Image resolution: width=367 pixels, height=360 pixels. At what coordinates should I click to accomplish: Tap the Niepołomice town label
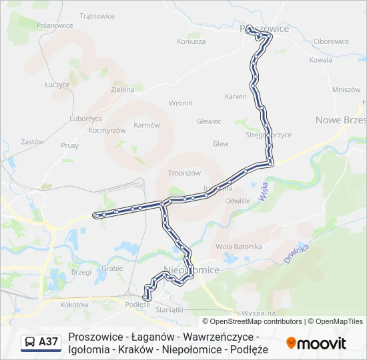[192, 270]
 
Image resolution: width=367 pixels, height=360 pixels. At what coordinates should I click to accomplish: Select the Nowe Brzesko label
[340, 120]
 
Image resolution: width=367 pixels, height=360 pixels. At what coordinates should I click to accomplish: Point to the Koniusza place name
[191, 41]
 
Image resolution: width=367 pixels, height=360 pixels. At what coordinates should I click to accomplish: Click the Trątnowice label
[97, 15]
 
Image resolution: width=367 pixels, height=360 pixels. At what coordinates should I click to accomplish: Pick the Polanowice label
[55, 25]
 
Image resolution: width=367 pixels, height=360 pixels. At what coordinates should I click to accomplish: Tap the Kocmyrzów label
[107, 131]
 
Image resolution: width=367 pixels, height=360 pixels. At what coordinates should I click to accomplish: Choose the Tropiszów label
[184, 173]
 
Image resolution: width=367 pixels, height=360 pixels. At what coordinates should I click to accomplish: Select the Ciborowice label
[331, 41]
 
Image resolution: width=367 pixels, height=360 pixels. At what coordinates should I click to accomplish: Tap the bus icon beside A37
[30, 343]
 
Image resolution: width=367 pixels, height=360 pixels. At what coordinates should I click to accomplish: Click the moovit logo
[316, 343]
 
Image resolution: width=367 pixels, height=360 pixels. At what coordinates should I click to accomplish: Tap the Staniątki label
[168, 309]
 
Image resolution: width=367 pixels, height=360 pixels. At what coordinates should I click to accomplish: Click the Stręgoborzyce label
[268, 135]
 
